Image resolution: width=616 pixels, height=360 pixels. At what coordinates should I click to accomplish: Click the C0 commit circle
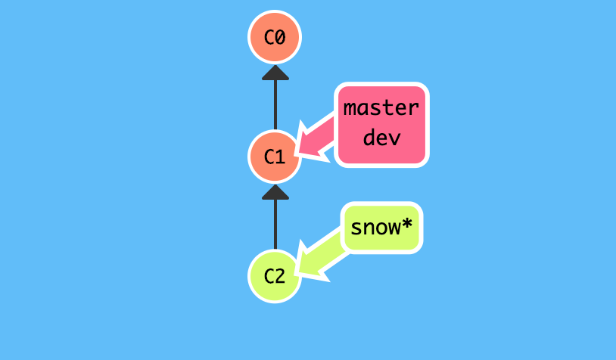(275, 37)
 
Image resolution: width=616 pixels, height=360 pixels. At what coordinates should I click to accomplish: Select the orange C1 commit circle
(275, 157)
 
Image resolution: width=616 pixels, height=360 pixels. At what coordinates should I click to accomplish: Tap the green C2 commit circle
(275, 276)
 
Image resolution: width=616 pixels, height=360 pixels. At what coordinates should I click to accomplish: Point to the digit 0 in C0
(280, 37)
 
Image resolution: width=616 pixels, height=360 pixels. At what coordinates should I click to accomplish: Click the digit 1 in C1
(280, 157)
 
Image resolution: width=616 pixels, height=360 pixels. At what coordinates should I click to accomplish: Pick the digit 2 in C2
(280, 276)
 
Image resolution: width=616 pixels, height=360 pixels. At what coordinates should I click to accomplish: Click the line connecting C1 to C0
(275, 106)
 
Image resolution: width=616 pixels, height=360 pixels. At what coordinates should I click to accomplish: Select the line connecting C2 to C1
(275, 225)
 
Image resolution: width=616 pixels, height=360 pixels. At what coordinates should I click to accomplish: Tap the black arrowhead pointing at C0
(275, 73)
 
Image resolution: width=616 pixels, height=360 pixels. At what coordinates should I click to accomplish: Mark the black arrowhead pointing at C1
(275, 192)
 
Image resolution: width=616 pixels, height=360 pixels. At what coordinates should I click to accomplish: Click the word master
(381, 107)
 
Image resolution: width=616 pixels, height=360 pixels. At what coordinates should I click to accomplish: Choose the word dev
(381, 138)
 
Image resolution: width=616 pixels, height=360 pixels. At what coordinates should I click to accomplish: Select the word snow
(375, 226)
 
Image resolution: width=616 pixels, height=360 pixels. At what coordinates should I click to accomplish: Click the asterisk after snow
(406, 225)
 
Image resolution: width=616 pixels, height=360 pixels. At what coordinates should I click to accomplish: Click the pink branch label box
(381, 123)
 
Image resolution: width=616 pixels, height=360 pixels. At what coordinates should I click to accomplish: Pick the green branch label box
(381, 227)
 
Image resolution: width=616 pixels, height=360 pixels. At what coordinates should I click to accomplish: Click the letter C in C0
(269, 37)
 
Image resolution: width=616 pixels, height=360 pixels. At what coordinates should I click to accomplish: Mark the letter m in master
(350, 107)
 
